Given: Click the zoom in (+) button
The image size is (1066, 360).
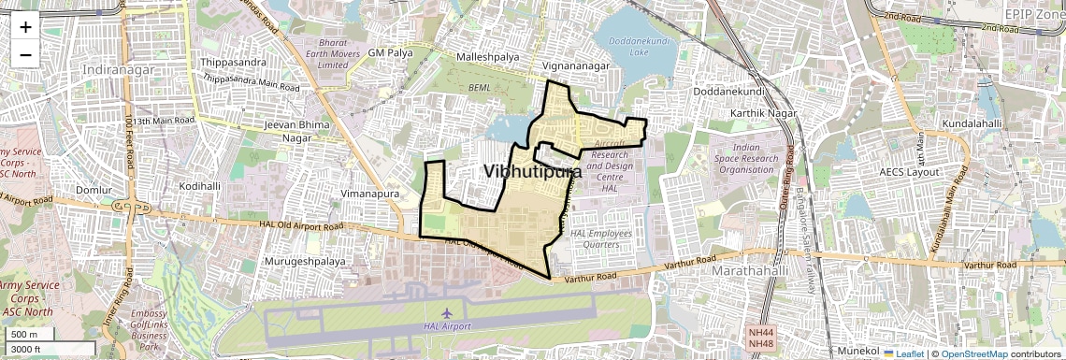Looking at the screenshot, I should pos(25,27).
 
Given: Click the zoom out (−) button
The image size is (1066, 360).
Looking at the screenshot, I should pos(25,55).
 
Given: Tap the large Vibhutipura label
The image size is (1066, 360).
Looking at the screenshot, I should pos(532,172).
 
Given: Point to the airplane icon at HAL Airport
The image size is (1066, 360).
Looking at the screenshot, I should pos(446,310).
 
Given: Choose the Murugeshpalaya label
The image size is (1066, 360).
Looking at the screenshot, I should pos(306,261).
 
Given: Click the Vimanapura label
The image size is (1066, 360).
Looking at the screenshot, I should pos(369,194).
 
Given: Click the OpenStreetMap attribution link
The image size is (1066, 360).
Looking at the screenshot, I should pos(973,353).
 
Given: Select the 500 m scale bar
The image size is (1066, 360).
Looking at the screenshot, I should pos(30,335).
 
